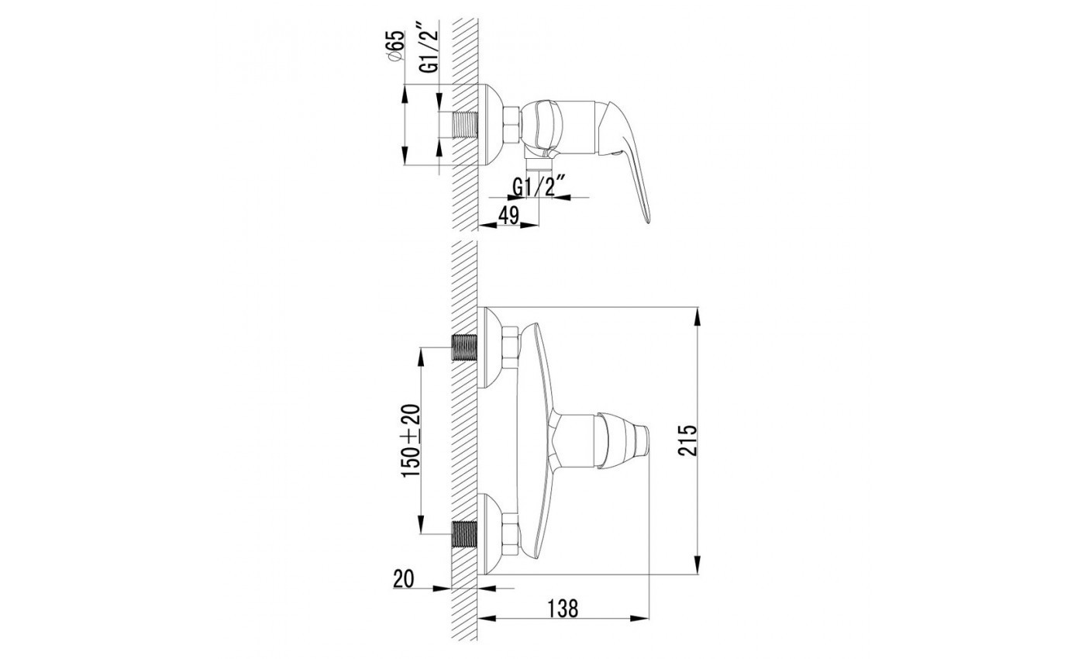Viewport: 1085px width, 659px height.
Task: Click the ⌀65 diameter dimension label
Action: pos(396,46)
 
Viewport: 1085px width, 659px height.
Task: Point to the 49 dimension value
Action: pos(508,215)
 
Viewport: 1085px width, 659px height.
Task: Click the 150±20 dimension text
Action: pos(412,440)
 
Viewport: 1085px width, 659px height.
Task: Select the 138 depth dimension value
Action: pos(563,609)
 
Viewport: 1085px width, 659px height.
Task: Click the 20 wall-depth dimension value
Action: pos(404,579)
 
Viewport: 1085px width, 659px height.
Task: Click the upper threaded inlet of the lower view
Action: pos(464,347)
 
